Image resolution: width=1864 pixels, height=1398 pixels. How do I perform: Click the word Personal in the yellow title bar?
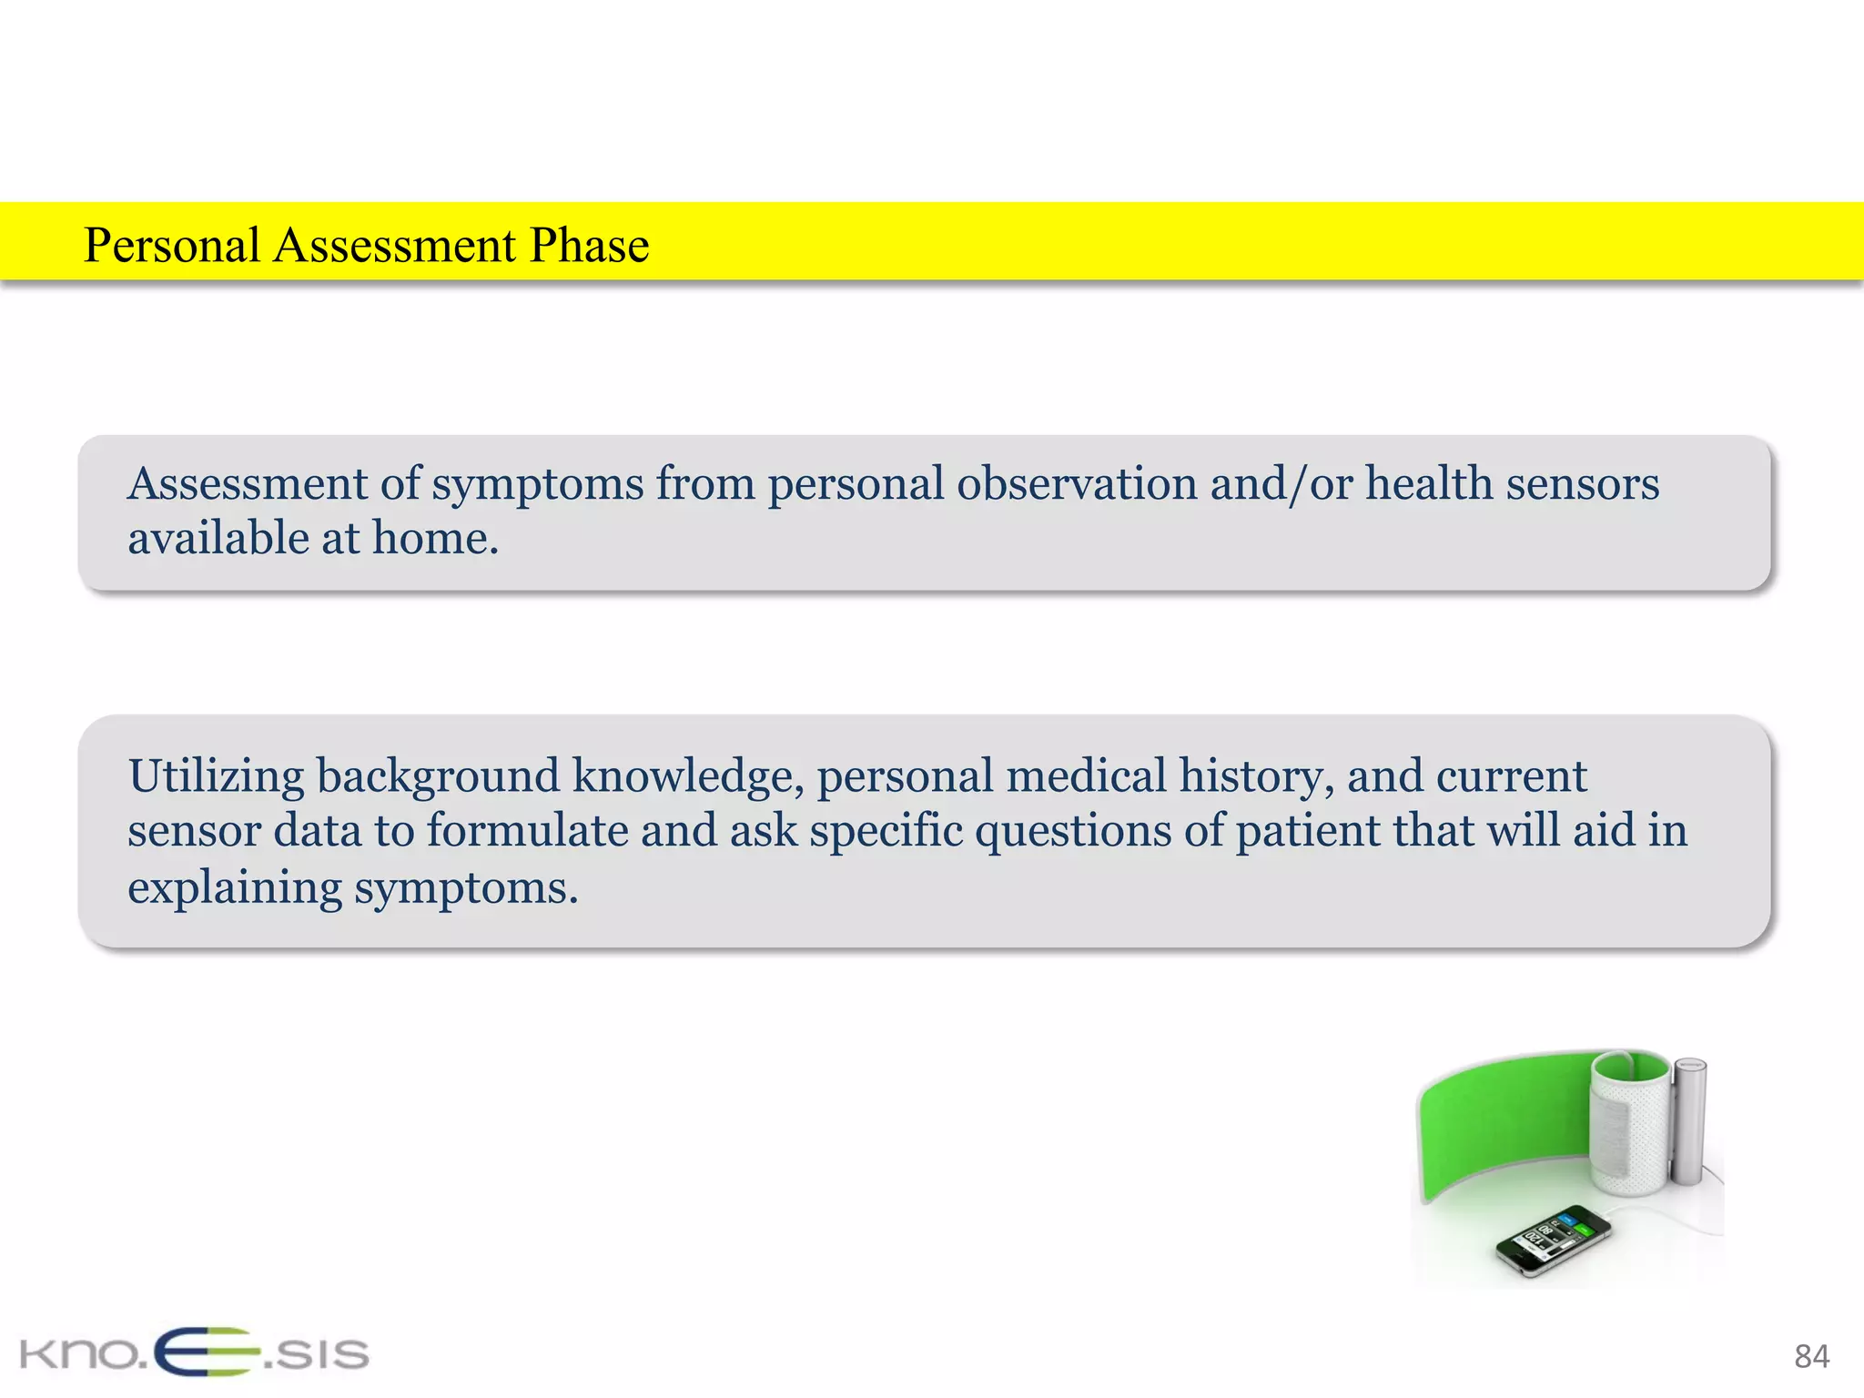coord(172,246)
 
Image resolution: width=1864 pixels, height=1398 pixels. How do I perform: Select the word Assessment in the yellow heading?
coord(395,246)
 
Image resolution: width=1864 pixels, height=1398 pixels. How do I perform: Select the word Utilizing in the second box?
coord(216,776)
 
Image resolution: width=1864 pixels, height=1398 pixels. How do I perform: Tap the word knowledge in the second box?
coord(687,776)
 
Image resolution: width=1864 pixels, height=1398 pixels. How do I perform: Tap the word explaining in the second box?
coord(235,887)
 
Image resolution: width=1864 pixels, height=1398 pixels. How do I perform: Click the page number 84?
coord(1811,1356)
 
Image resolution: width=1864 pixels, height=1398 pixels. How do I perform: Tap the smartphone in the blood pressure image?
coord(1554,1241)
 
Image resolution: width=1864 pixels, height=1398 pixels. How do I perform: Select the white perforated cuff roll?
coord(1629,1124)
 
